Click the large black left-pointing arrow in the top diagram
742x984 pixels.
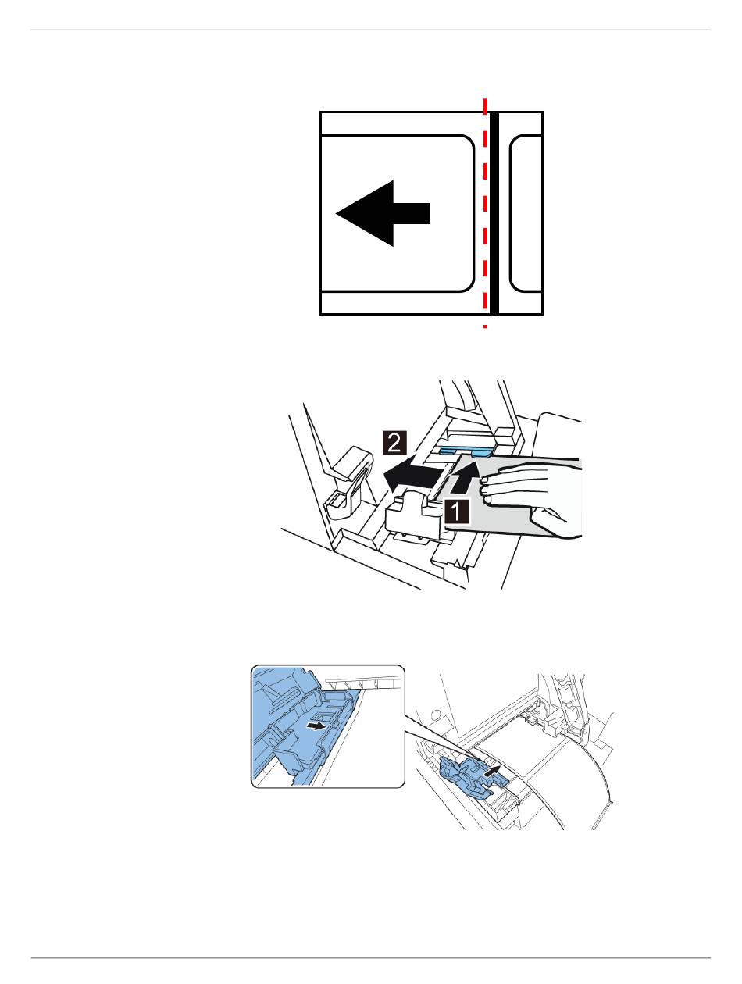[383, 213]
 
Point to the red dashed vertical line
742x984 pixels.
[485, 213]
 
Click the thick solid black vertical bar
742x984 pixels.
[494, 213]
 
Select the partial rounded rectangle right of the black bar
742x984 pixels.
[526, 213]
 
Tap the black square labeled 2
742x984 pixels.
[394, 443]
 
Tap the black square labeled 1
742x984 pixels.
[457, 512]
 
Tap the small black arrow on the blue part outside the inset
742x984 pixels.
[492, 770]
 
